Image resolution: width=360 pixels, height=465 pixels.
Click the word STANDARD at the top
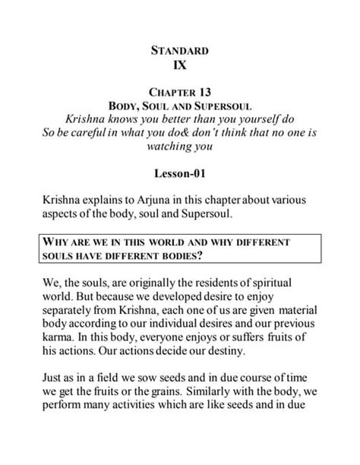[179, 52]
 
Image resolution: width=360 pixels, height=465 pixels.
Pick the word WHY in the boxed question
[62, 242]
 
